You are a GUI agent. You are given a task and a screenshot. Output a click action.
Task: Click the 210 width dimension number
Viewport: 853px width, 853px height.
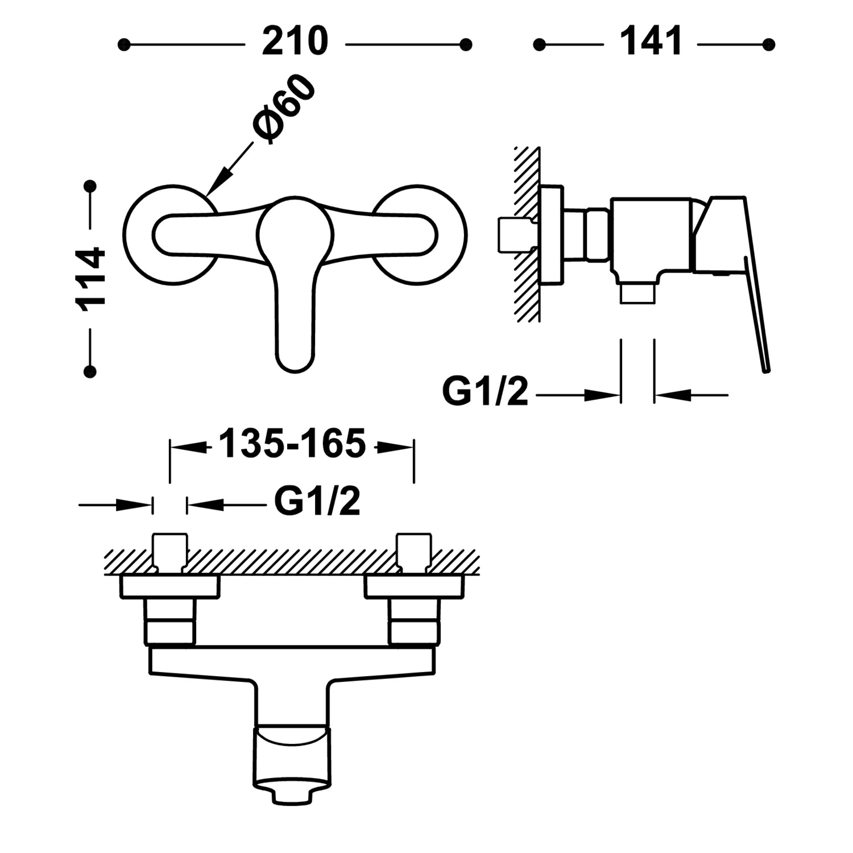(x=295, y=42)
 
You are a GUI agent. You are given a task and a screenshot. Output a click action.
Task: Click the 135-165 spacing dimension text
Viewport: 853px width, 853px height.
(x=292, y=444)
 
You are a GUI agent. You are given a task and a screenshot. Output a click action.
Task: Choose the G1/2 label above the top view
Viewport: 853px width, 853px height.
(x=317, y=501)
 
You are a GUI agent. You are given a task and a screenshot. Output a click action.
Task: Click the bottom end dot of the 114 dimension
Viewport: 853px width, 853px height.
(x=90, y=372)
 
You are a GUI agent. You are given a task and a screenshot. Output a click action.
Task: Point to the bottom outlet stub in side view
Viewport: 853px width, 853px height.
(x=637, y=294)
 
